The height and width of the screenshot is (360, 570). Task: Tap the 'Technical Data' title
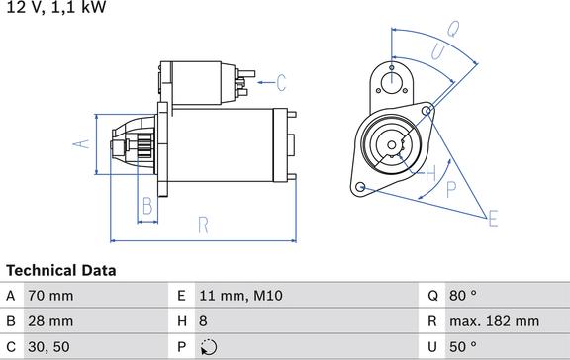(x=61, y=270)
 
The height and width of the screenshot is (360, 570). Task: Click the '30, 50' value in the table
(x=49, y=347)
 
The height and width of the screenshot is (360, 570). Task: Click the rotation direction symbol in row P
(x=207, y=347)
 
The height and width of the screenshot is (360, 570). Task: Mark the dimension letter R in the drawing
(x=202, y=225)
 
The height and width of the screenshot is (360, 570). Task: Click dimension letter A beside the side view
(x=84, y=144)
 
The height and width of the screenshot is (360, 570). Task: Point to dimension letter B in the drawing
(x=146, y=206)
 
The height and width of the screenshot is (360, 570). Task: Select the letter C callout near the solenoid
(x=280, y=81)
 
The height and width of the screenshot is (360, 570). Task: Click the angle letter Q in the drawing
(x=453, y=29)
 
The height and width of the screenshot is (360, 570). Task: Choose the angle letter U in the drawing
(x=436, y=49)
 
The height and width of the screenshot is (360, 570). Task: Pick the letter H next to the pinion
(x=431, y=174)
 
